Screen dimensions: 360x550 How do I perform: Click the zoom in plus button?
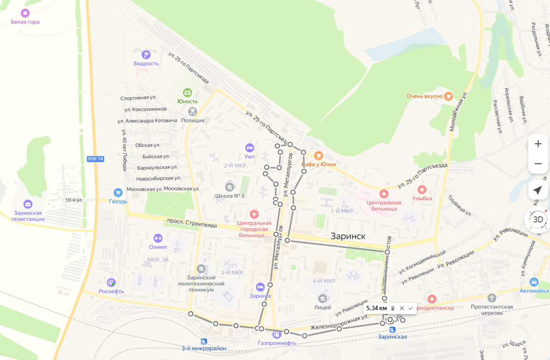538,144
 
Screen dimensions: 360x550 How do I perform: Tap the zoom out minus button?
538,164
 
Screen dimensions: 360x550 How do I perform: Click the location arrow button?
538,190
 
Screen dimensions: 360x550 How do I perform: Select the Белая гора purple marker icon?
25,13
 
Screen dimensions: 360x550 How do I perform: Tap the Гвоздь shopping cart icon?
118,193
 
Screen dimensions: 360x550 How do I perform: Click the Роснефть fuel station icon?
111,282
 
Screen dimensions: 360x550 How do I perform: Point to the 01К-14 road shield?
95,159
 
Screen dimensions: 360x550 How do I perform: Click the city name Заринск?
348,236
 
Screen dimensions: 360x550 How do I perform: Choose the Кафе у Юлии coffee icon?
318,155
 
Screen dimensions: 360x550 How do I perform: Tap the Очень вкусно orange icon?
448,96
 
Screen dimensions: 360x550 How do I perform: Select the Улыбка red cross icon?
422,189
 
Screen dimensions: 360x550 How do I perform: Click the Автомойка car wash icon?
533,282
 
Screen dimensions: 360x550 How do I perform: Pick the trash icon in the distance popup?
393,308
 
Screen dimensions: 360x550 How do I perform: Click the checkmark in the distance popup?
410,308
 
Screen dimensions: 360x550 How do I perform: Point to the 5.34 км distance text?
377,308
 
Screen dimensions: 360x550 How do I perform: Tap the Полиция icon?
192,111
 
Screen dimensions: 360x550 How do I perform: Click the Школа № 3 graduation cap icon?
230,187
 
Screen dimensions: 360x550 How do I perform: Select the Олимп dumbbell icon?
158,238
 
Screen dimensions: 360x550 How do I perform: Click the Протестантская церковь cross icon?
492,298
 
